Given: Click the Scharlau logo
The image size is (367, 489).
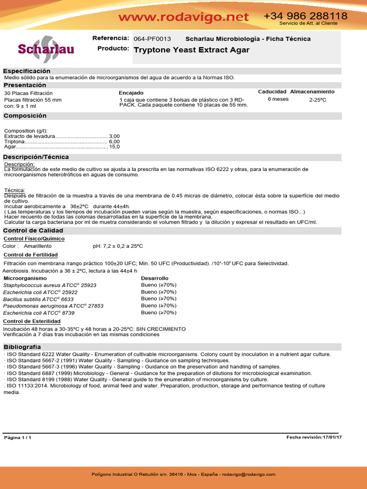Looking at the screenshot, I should pyautogui.click(x=45, y=49).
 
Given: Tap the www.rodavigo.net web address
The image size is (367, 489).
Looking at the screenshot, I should pyautogui.click(x=183, y=17).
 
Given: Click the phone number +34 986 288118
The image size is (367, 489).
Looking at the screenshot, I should pyautogui.click(x=305, y=16).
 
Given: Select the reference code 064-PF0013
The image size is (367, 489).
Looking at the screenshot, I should pyautogui.click(x=152, y=39).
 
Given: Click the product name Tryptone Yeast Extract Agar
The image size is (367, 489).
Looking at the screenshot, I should pyautogui.click(x=192, y=50).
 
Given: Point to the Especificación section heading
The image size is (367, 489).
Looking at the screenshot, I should pyautogui.click(x=27, y=71).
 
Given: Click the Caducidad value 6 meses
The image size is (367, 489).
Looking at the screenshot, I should pyautogui.click(x=278, y=99).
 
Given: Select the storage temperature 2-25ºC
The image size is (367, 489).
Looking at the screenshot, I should pyautogui.click(x=318, y=100).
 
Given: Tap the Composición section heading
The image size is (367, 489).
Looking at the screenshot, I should pyautogui.click(x=25, y=116).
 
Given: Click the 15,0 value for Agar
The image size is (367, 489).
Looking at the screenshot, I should pyautogui.click(x=115, y=147).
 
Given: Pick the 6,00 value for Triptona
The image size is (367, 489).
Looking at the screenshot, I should pyautogui.click(x=114, y=142).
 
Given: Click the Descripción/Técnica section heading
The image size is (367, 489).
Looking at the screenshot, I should pyautogui.click(x=36, y=157).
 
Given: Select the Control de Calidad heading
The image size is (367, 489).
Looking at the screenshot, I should pyautogui.click(x=33, y=230).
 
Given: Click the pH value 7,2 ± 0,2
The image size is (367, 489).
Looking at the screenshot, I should pyautogui.click(x=110, y=246).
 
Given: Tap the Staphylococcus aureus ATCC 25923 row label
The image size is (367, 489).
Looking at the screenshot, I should pyautogui.click(x=50, y=285).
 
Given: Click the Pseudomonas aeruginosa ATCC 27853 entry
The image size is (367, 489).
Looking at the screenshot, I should pyautogui.click(x=53, y=306).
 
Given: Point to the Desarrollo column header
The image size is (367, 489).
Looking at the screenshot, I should pyautogui.click(x=154, y=278).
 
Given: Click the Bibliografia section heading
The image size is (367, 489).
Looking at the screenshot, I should pyautogui.click(x=22, y=347).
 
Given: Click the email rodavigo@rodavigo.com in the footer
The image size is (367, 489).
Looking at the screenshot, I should pyautogui.click(x=248, y=474).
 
